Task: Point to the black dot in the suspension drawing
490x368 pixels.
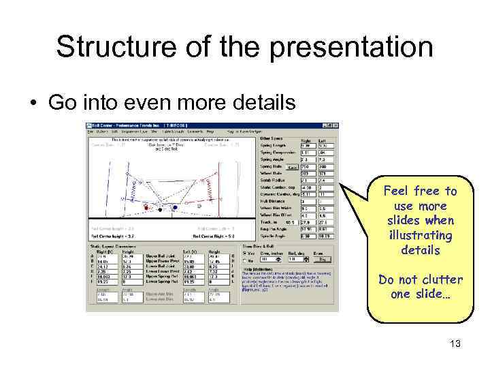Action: (x=176, y=204)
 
